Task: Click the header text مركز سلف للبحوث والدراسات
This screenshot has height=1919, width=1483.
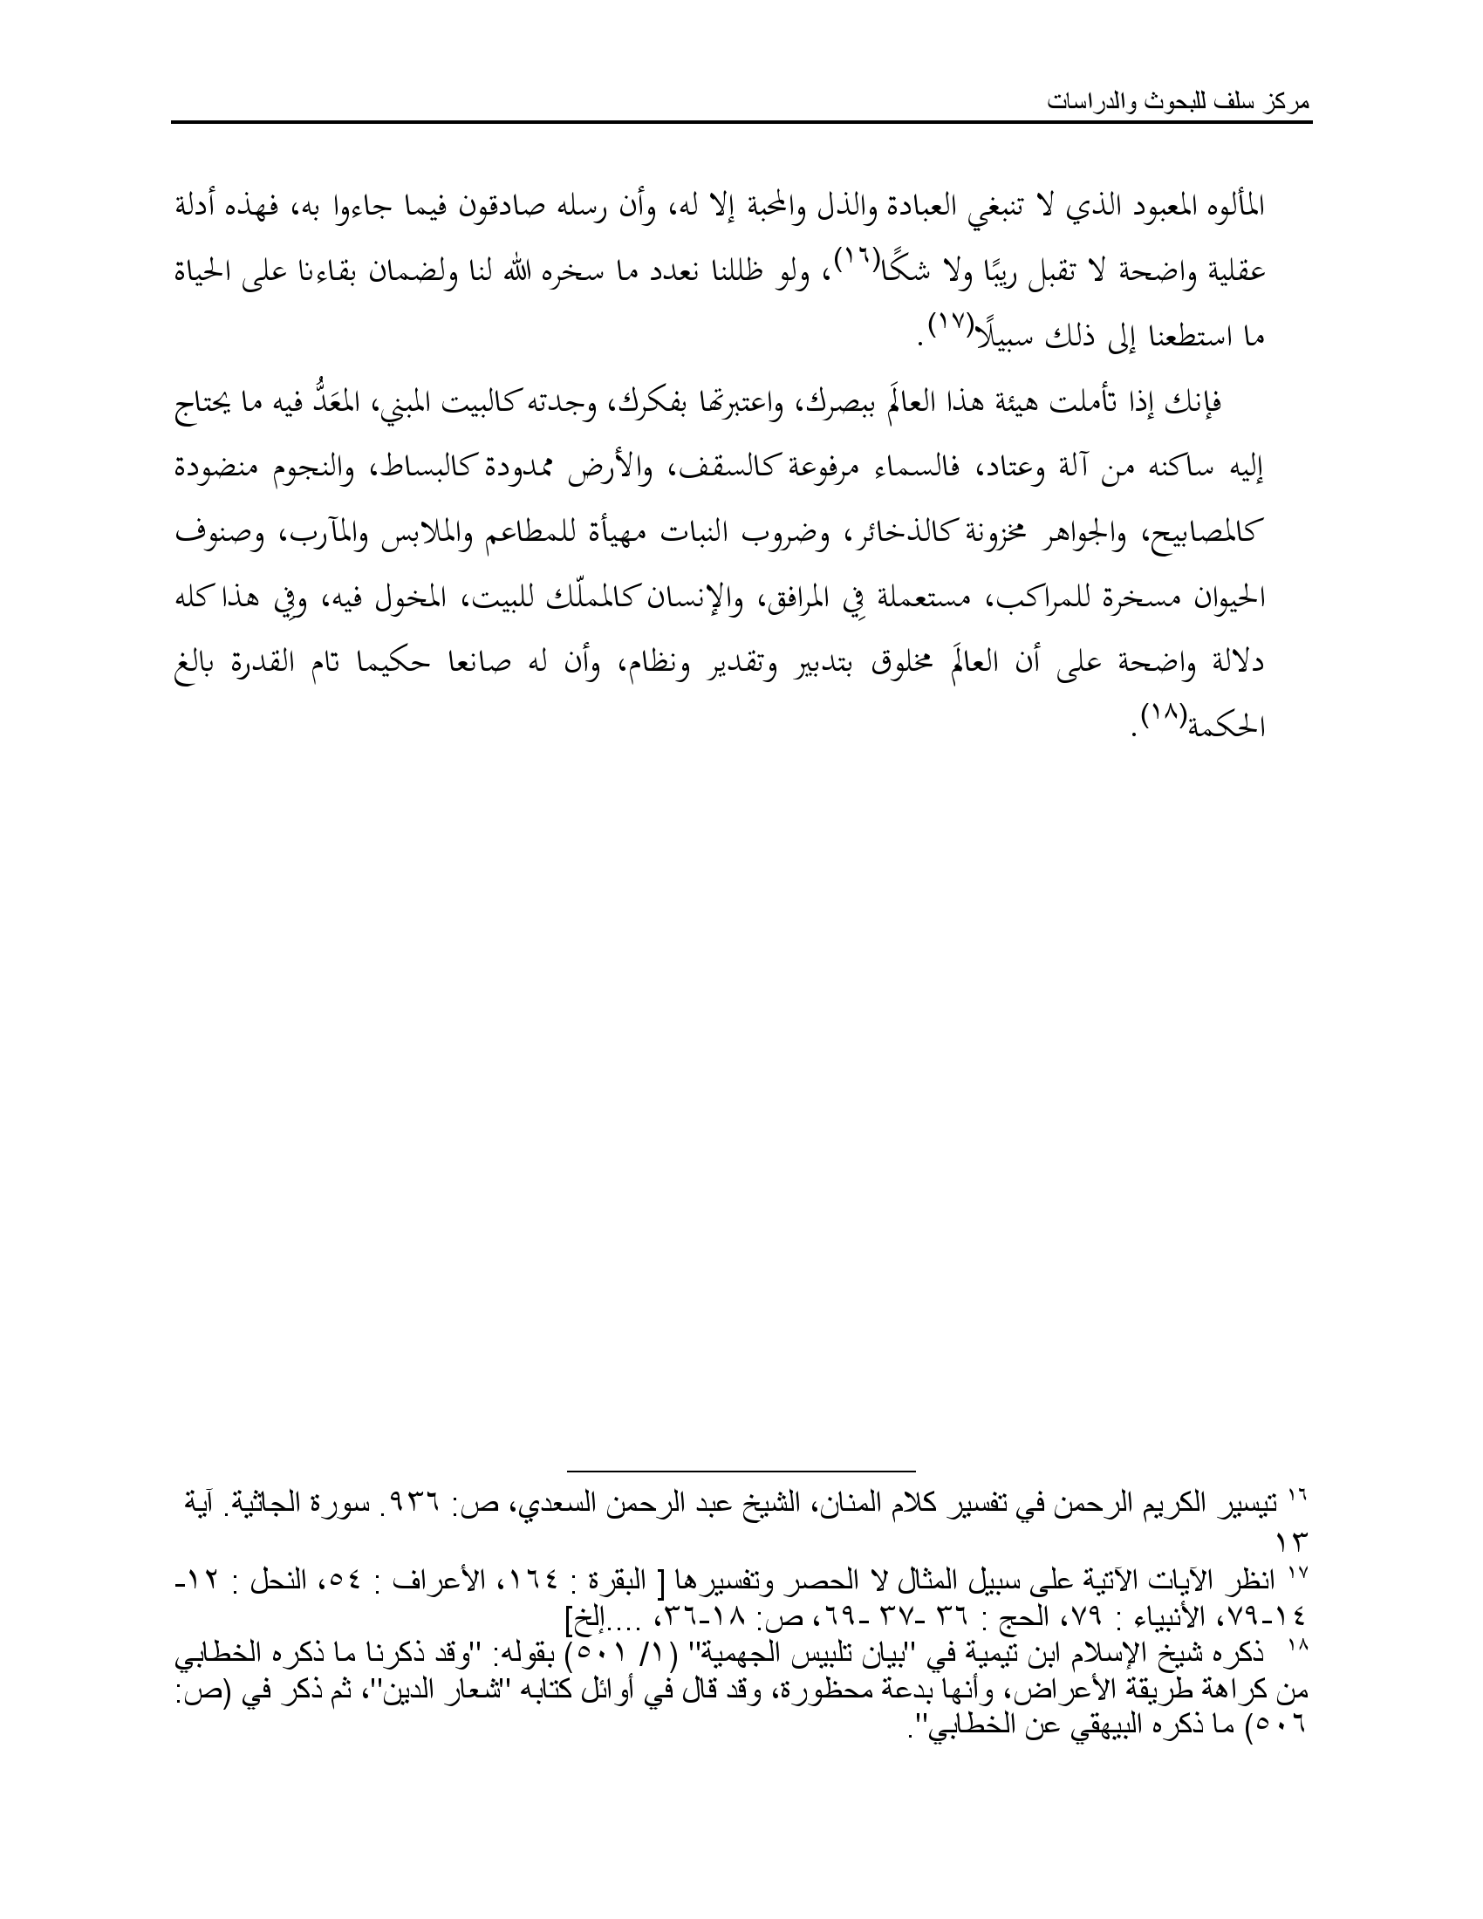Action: coord(1179,103)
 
